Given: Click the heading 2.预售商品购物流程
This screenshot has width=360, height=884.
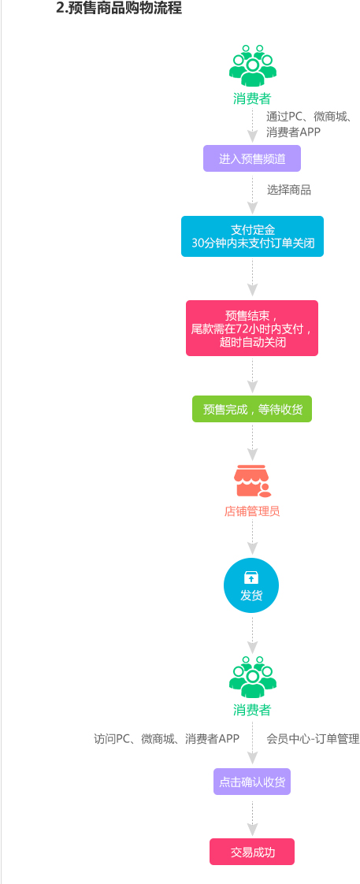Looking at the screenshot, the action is pyautogui.click(x=119, y=9).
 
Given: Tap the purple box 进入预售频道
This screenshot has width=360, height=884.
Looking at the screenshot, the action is pyautogui.click(x=252, y=158).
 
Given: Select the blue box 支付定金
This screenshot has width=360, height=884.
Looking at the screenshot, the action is pyautogui.click(x=252, y=236).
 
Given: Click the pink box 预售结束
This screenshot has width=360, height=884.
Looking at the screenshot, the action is pyautogui.click(x=252, y=328).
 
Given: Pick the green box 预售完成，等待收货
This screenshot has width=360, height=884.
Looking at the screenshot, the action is pyautogui.click(x=252, y=409).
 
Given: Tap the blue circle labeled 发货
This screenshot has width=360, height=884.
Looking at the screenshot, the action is pyautogui.click(x=251, y=585).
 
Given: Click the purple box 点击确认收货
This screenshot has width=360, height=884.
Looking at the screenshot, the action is pyautogui.click(x=252, y=782).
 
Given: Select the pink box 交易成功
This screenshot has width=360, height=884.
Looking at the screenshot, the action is pyautogui.click(x=252, y=852).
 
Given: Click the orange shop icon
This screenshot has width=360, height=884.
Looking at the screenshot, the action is pyautogui.click(x=252, y=481).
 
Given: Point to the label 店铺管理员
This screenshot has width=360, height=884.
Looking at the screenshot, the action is pyautogui.click(x=252, y=511).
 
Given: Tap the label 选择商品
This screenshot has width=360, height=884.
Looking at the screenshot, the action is pyautogui.click(x=289, y=190).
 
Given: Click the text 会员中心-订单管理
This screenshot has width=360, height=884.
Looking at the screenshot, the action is pyautogui.click(x=313, y=739).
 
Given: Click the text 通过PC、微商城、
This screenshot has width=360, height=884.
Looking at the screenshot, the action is pyautogui.click(x=310, y=117).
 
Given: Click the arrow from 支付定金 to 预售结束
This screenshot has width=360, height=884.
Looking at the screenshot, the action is pyautogui.click(x=252, y=278).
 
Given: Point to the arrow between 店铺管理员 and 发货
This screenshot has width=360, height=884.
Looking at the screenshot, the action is pyautogui.click(x=252, y=537).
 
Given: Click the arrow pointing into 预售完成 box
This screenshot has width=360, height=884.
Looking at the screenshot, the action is pyautogui.click(x=252, y=376).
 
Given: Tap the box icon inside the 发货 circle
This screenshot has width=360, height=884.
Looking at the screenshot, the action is pyautogui.click(x=251, y=578).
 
